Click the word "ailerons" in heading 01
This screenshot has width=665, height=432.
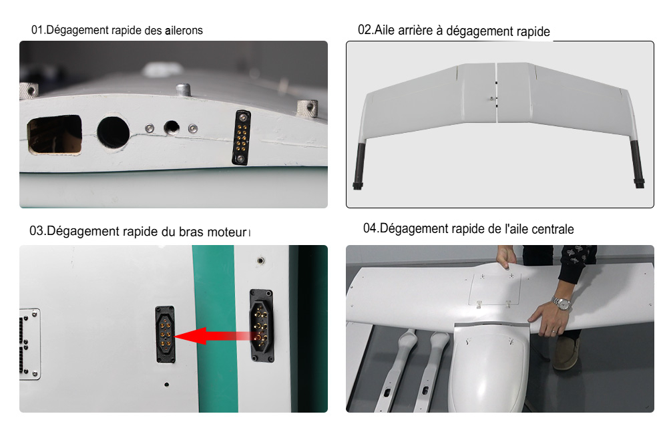pos(184,31)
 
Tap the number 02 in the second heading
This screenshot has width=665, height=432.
pos(365,29)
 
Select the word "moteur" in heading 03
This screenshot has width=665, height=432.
pos(227,232)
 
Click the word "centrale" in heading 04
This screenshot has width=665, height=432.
pos(553,230)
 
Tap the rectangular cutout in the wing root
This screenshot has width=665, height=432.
pos(55,134)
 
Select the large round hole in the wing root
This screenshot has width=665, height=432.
pos(114,132)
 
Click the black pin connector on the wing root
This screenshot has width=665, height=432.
pos(241,138)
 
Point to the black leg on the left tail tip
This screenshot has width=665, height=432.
pos(359,166)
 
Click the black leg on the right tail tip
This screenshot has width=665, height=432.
pos(638,164)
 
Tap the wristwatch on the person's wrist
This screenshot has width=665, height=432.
pos(562,304)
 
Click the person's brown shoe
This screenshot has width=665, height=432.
pos(566,354)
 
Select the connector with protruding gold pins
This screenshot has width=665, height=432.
pos(261,325)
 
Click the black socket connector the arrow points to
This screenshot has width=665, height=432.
pos(166,334)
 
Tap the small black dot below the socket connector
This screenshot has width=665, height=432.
pos(167,385)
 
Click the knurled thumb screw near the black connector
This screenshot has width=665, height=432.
pos(308,110)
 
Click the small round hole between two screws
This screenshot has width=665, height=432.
pos(172,127)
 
